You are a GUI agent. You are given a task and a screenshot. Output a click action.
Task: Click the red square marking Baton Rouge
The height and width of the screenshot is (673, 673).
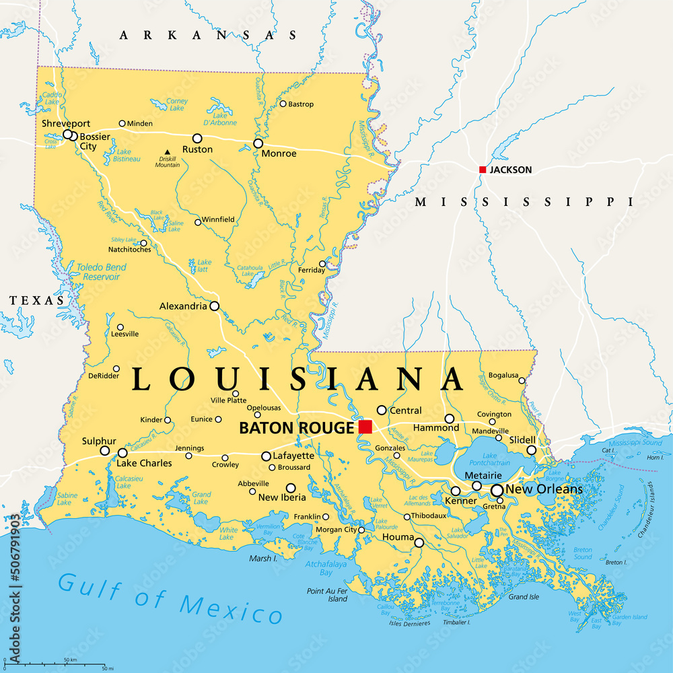tap(365, 427)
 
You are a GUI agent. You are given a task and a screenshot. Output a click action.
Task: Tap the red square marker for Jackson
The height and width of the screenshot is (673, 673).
tap(482, 170)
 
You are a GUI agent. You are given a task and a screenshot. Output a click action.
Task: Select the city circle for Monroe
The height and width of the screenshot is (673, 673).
tap(258, 143)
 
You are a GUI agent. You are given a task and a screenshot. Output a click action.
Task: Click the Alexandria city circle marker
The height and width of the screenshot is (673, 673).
tap(214, 306)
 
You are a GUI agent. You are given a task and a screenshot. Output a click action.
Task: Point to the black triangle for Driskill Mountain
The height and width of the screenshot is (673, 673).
tap(167, 152)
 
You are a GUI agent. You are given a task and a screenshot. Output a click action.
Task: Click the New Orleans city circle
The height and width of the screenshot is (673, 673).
tap(497, 491)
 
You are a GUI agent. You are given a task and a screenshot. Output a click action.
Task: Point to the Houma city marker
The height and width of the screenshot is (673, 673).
tap(419, 542)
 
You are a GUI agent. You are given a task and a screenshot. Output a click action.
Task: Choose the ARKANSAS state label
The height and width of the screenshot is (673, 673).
tap(208, 35)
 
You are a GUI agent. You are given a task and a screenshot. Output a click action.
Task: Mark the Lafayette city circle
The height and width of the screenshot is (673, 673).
tap(267, 456)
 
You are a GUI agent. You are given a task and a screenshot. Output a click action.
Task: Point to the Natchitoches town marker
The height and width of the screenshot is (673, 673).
tap(143, 243)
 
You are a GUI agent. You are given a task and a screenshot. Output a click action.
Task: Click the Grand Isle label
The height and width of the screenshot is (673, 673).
tap(523, 597)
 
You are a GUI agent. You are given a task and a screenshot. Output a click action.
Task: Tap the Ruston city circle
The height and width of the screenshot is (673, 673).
tap(197, 137)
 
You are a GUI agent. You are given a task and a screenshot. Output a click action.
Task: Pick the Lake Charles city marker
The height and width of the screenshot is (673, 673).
tap(122, 452)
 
